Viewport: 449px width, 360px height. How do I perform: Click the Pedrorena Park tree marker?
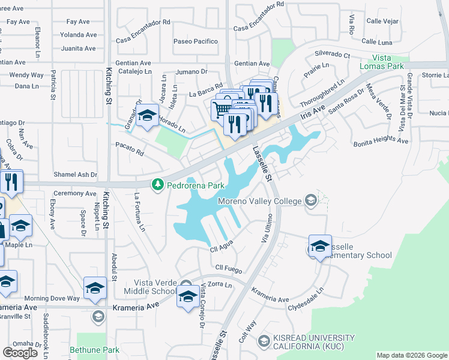coord(158,185)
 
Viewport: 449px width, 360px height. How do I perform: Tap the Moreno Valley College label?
coord(259,201)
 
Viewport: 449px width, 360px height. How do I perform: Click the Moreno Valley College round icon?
coord(311,200)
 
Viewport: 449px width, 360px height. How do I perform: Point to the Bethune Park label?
coord(94,350)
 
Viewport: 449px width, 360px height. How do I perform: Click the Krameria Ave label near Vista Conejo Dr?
coord(135,307)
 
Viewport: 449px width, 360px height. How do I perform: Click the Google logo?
coord(20,353)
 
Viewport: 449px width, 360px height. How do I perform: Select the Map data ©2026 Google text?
coord(411,355)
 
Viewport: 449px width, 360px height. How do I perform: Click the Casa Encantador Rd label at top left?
coord(143,22)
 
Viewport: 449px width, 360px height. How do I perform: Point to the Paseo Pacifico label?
coord(196,41)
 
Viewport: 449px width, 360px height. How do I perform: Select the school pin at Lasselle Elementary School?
coord(320,245)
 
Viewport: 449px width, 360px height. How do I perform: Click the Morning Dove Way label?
coord(52,298)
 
